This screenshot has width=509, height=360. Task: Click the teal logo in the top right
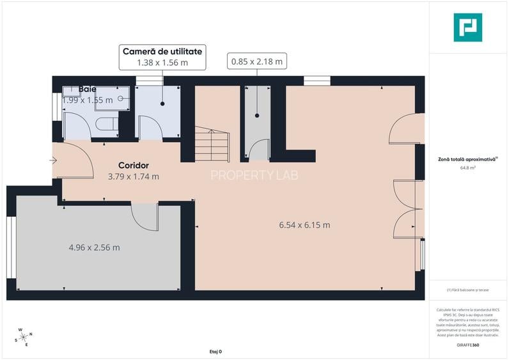(467, 27)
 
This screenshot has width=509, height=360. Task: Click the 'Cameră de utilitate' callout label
(162, 51)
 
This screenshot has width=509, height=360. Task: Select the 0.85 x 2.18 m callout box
(256, 61)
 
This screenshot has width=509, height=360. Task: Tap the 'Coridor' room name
(133, 166)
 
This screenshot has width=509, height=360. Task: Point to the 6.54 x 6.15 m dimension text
(304, 225)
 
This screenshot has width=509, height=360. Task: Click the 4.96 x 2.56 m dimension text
(94, 247)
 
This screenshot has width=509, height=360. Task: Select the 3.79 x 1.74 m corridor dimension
(133, 177)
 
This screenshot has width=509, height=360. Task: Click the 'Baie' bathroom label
(88, 90)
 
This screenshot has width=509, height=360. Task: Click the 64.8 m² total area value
(467, 168)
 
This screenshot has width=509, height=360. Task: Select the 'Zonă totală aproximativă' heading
(466, 159)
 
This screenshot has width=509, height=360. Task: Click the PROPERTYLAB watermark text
(254, 175)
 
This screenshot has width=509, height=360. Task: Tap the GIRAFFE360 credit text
(467, 345)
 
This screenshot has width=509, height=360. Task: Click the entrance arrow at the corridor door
(52, 160)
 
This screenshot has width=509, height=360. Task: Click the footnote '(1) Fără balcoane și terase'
(467, 290)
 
